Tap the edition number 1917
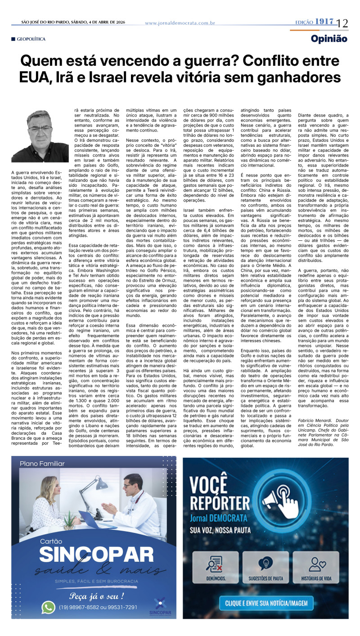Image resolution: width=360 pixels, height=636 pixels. coord(324,22)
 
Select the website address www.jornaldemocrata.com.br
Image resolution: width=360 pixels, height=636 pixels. coord(180,23)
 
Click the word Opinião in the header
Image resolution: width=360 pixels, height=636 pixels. coord(329,39)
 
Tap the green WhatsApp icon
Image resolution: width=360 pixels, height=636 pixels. coord(48,607)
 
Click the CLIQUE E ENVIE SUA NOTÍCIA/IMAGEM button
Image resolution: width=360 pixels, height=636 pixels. coord(266,602)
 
